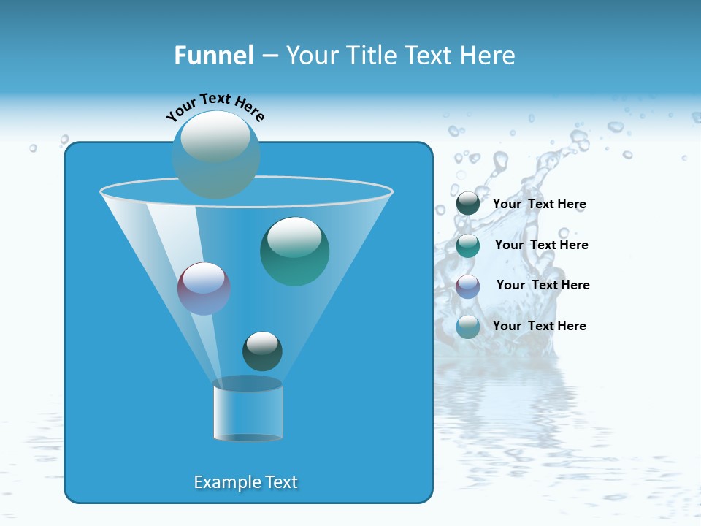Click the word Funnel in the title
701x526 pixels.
[213, 56]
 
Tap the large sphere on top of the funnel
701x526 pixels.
[216, 154]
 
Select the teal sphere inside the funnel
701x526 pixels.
[294, 251]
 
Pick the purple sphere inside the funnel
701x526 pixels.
[204, 289]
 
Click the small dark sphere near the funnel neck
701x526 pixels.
[262, 351]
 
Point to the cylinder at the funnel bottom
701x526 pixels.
[248, 411]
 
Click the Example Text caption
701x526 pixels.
[245, 482]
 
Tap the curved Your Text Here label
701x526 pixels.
[215, 107]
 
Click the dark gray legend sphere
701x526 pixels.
[468, 204]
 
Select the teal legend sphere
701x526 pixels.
[468, 245]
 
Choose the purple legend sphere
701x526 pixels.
[468, 286]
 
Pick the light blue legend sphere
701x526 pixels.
[468, 327]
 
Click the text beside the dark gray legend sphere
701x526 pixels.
[539, 205]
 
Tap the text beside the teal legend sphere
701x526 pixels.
[541, 245]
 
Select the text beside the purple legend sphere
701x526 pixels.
[543, 286]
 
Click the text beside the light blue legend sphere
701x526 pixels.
[539, 327]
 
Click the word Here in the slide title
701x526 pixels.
[489, 56]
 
